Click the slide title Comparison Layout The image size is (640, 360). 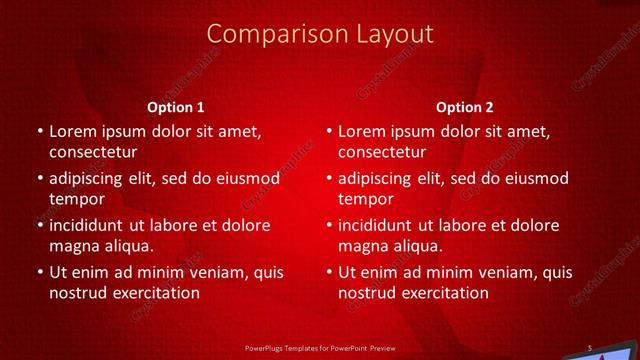(x=319, y=34)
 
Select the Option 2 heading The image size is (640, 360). (x=465, y=107)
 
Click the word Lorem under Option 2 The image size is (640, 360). (x=361, y=131)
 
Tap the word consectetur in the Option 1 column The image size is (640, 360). (x=93, y=152)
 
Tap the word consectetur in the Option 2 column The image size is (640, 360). (x=382, y=152)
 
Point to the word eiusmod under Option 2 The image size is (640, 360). (x=536, y=179)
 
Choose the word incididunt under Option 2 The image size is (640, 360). (x=382, y=225)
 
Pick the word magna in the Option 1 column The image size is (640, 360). (x=72, y=246)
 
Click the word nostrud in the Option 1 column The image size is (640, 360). (x=77, y=293)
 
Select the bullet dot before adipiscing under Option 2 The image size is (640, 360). (x=329, y=179)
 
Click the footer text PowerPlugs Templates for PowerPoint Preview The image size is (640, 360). (x=319, y=349)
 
